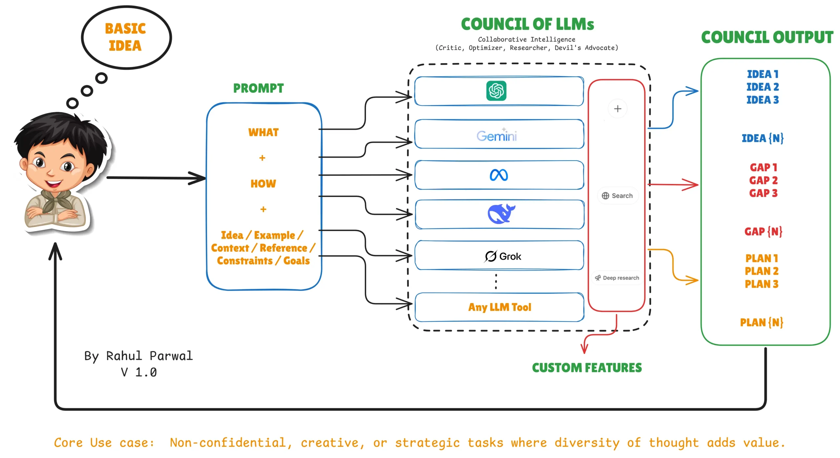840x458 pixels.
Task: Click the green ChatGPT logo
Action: point(496,90)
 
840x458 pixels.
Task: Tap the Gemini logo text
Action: point(497,135)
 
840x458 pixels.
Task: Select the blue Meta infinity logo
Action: point(499,175)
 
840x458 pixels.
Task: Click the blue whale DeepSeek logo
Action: point(501,213)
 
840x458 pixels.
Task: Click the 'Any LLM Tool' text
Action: point(499,307)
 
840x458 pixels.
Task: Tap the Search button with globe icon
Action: point(617,196)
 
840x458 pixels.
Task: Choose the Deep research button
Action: point(617,278)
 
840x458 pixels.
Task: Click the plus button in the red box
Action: point(618,109)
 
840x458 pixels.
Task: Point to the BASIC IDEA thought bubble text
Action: point(125,37)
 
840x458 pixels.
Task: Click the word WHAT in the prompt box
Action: point(263,132)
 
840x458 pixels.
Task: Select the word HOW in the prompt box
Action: point(263,184)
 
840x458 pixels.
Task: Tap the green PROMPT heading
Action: point(258,88)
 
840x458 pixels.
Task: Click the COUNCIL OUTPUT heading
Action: point(767,37)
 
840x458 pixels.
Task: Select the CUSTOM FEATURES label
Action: point(587,368)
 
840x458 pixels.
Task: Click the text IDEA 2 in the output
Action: point(763,87)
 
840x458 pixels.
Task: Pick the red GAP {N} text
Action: point(763,231)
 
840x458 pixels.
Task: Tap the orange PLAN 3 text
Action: point(762,284)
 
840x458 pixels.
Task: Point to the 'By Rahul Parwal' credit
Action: point(138,356)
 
